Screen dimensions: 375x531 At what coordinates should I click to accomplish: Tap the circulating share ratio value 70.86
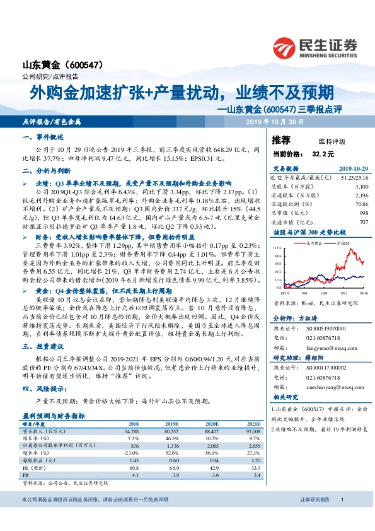360,204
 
